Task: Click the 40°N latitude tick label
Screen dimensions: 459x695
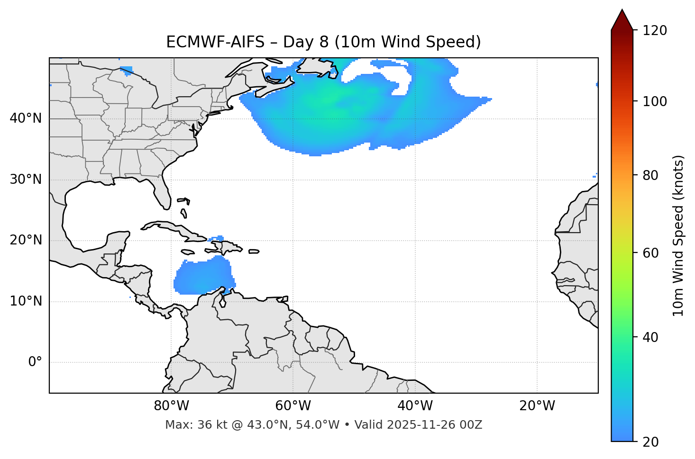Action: click(x=26, y=118)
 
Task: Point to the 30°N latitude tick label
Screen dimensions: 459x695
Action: click(x=26, y=180)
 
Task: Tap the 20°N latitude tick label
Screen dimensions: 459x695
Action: click(x=26, y=241)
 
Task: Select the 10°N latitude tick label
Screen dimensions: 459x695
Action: click(x=26, y=301)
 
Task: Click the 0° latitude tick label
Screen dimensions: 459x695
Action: click(x=35, y=362)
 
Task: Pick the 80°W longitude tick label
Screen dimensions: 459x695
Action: click(x=171, y=406)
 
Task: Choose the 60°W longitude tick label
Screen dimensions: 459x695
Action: click(x=293, y=406)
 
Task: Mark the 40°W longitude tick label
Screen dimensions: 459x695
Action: click(x=415, y=406)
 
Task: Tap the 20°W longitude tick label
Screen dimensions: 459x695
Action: click(x=537, y=406)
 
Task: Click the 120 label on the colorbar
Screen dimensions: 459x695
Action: click(x=655, y=31)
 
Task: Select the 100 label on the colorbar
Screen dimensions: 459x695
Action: click(x=655, y=101)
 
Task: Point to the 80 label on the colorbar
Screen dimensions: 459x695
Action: click(x=650, y=176)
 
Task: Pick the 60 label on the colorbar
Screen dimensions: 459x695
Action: click(x=650, y=253)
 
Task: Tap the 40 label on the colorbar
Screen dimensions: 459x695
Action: click(x=650, y=337)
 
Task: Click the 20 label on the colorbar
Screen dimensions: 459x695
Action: click(x=650, y=442)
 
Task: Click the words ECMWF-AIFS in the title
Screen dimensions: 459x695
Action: click(x=215, y=42)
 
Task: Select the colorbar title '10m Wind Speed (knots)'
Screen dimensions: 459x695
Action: click(x=678, y=235)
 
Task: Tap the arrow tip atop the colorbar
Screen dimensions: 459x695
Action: click(x=622, y=10)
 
